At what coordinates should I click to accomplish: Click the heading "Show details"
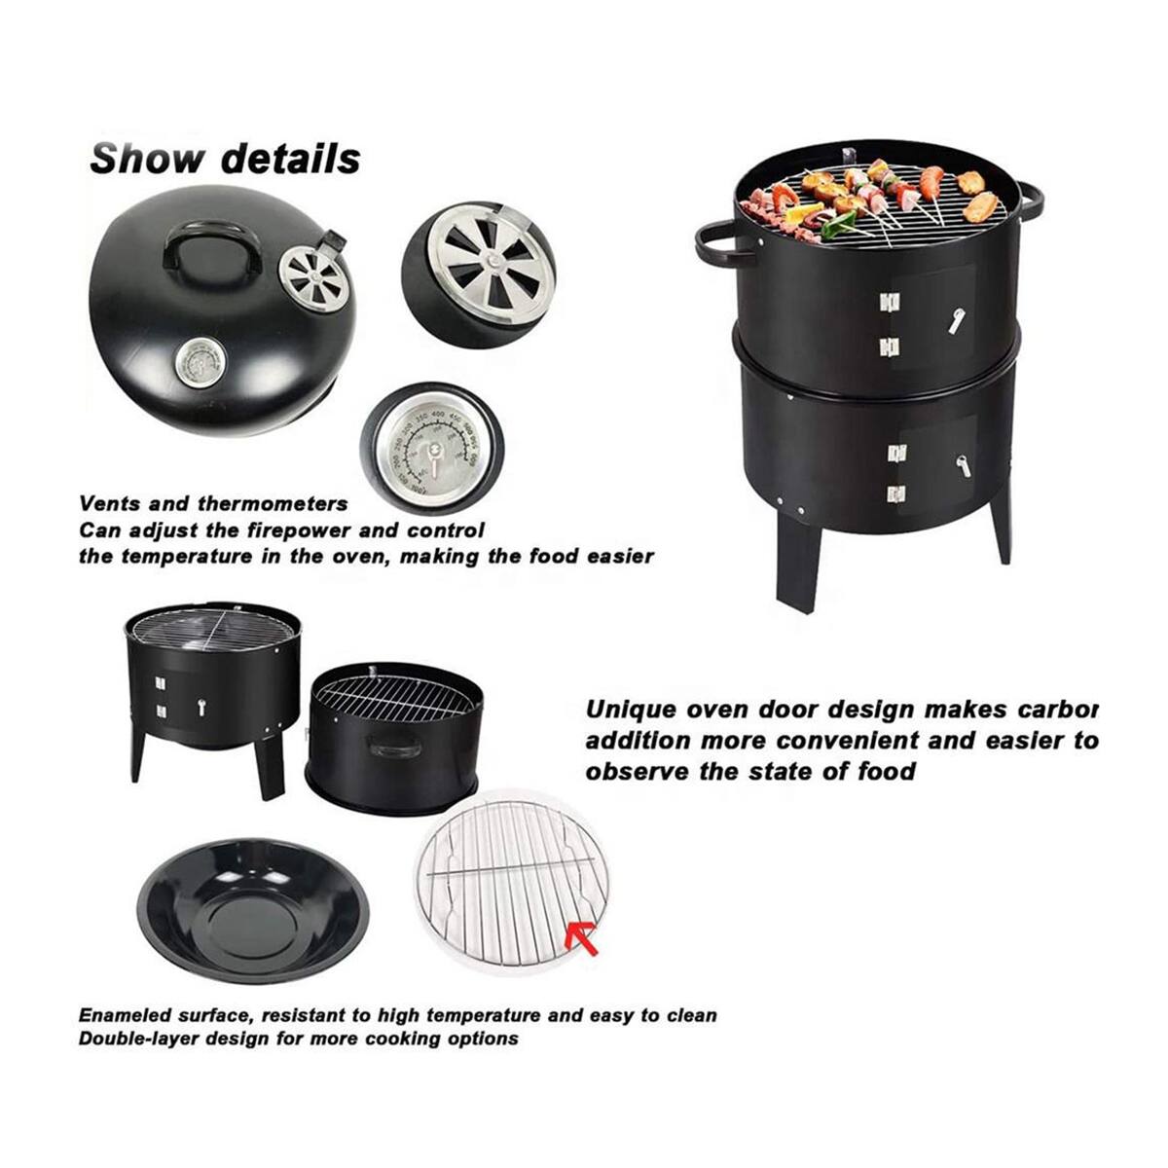coord(225,159)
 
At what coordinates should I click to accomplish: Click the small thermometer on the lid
coord(199,362)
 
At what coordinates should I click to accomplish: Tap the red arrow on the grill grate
coord(581,937)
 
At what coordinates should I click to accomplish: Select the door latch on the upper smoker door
coord(957,320)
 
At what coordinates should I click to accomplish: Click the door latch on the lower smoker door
coord(963,468)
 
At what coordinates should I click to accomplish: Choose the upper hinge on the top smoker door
coord(887,303)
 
